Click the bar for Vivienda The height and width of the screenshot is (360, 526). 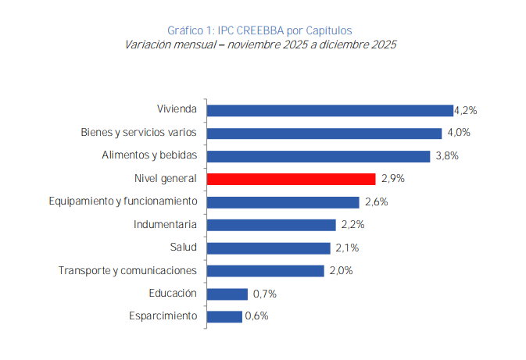pos(330,110)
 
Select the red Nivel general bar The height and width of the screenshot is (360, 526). pos(292,179)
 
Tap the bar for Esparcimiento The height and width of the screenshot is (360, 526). pos(224,316)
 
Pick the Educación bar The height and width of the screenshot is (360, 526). pos(227,294)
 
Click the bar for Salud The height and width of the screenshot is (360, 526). pos(268,248)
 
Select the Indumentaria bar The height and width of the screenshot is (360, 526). pos(270,225)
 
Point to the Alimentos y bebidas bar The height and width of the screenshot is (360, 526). pos(318,156)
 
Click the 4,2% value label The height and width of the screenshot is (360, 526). pos(466,110)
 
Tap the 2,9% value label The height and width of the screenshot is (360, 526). pos(393,179)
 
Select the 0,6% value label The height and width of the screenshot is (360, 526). pos(256,316)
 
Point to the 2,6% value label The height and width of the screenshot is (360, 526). pos(375,202)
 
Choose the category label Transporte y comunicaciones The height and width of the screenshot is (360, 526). pos(127,271)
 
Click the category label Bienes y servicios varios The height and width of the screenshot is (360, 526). pos(138,133)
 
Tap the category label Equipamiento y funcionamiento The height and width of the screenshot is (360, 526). pos(123,201)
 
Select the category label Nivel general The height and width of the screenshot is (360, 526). pos(166,179)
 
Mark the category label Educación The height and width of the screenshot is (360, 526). pos(173,294)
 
